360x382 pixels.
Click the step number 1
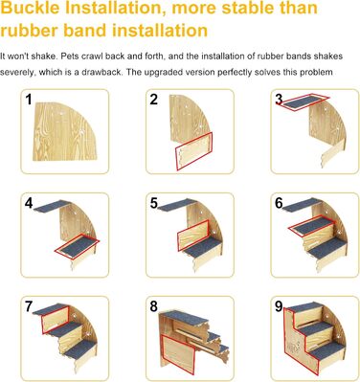click(x=29, y=100)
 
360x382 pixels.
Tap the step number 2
click(x=154, y=100)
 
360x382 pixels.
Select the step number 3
click(x=279, y=100)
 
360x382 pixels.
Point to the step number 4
click(x=29, y=203)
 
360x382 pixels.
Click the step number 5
click(x=154, y=203)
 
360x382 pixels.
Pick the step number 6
click(x=279, y=203)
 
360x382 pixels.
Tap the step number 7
click(x=29, y=306)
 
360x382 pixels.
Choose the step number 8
click(x=154, y=306)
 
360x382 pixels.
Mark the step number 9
click(x=279, y=306)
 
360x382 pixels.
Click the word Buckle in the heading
click(x=31, y=9)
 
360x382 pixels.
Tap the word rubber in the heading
click(x=29, y=31)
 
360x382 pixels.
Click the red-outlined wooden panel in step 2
click(x=194, y=151)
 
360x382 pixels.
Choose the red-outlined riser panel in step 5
click(x=193, y=236)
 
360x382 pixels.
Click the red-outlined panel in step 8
click(x=178, y=355)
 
